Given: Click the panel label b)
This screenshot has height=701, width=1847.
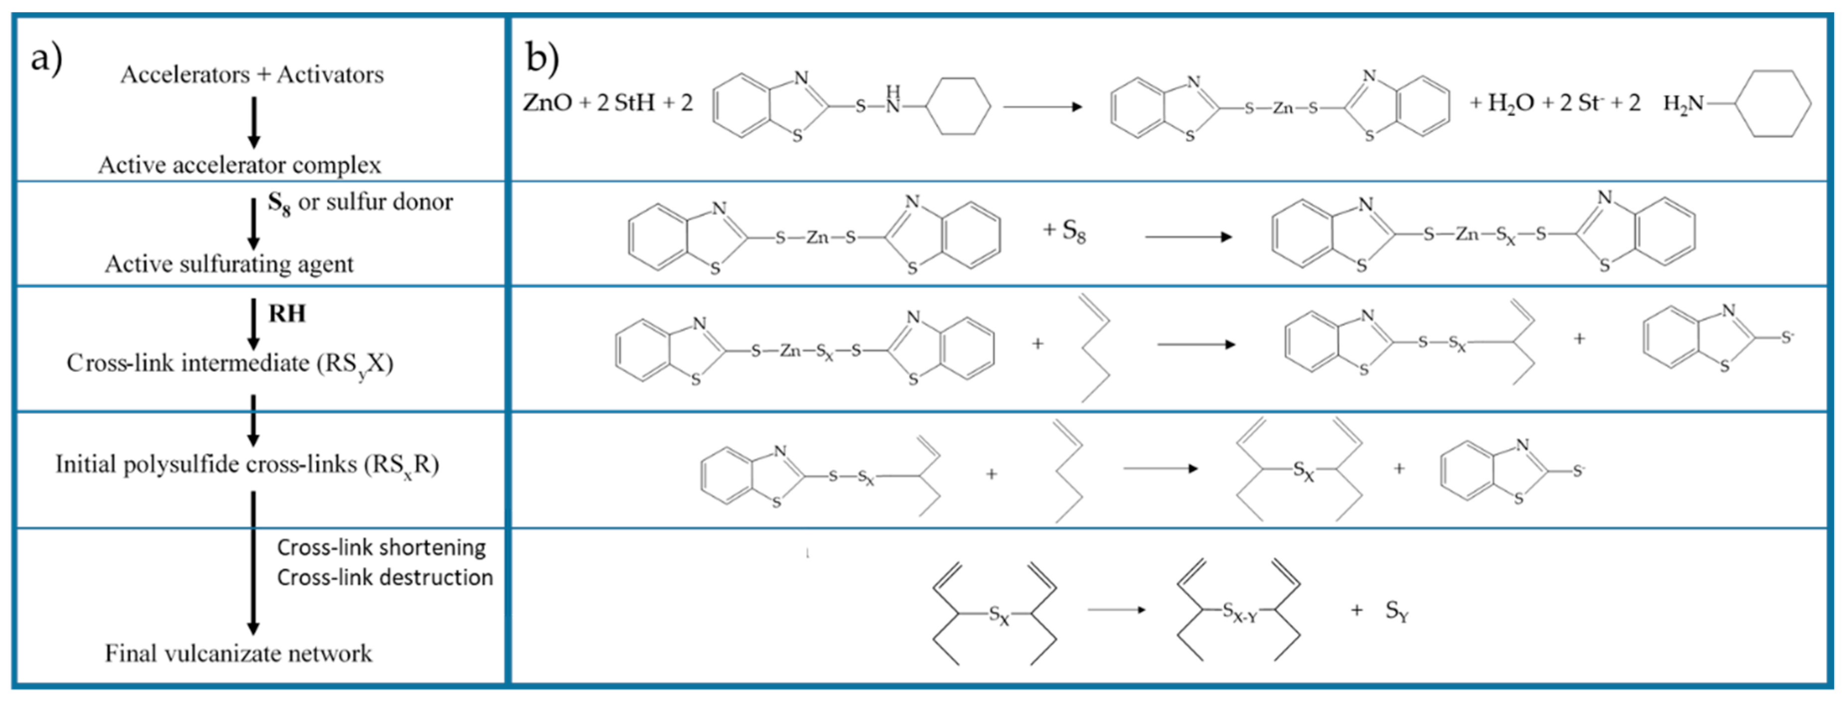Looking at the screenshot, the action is pos(542,57).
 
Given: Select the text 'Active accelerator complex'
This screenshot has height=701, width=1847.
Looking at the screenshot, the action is pos(240,165).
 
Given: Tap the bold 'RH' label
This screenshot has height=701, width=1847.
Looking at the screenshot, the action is pos(287,313).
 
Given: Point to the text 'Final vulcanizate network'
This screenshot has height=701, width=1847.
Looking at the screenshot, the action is pos(238,653).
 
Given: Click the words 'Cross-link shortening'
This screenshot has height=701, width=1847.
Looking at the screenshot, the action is pos(382,548).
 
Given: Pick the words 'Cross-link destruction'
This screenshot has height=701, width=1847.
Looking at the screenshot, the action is pos(385,577).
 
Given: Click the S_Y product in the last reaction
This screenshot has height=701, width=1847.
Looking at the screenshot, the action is pos(1397,611).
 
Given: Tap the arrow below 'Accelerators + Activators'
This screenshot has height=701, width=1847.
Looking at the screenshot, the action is pos(253,122).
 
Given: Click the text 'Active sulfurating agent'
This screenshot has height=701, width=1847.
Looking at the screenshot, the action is pos(229,264).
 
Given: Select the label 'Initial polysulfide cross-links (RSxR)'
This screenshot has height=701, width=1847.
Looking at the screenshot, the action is pos(247,464).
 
